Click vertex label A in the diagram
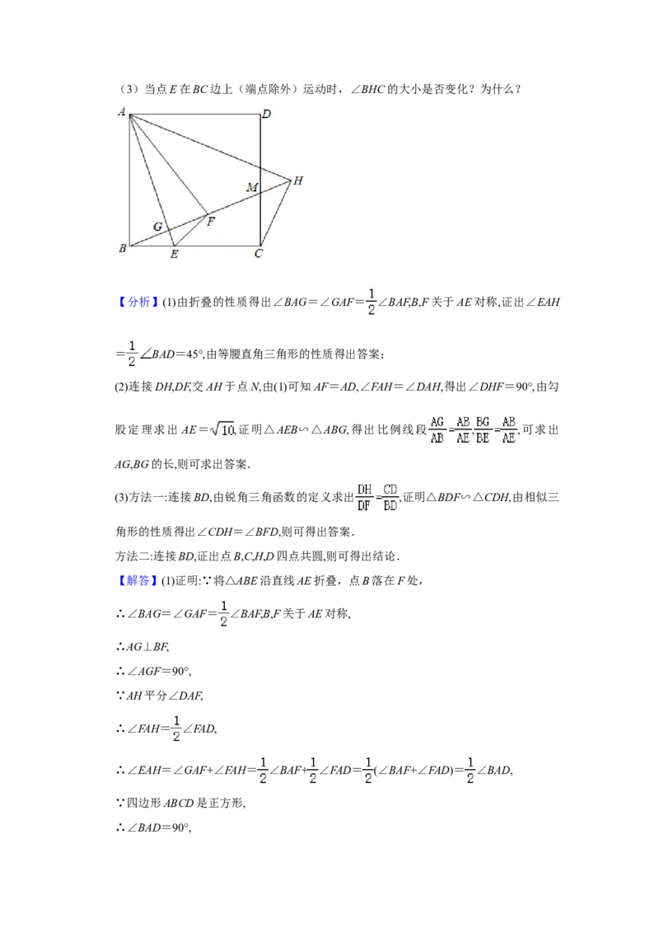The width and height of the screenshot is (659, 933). [122, 111]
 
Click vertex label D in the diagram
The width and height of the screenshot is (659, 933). [266, 114]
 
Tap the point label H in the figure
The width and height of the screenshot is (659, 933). [298, 181]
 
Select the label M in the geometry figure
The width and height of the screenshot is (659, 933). [252, 187]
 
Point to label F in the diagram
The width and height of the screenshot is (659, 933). [211, 222]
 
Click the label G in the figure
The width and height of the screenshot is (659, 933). [157, 227]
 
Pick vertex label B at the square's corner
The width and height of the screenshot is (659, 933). [123, 248]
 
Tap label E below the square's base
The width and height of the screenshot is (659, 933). [174, 255]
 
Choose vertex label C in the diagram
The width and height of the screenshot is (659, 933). [258, 254]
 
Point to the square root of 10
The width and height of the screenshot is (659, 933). [222, 429]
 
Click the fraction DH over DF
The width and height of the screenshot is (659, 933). [365, 498]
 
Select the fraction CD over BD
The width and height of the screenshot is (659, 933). [390, 498]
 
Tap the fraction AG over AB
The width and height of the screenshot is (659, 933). [437, 429]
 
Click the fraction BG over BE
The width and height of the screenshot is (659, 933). [483, 429]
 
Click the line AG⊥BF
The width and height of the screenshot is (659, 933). [143, 647]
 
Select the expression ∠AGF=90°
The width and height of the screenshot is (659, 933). [153, 671]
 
